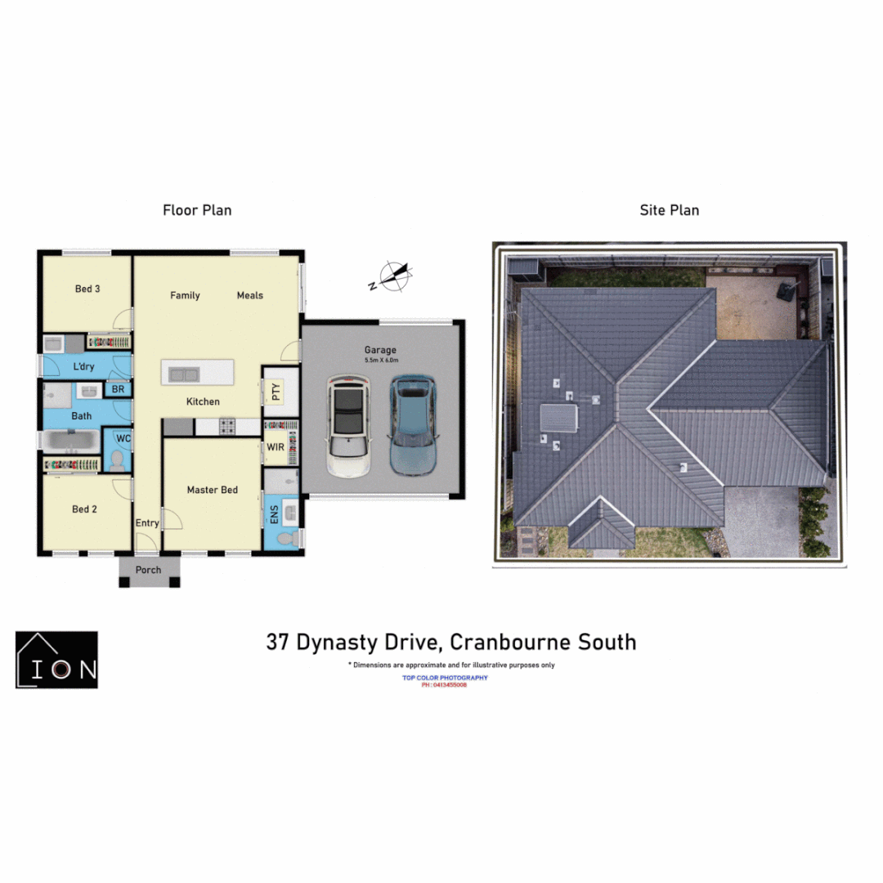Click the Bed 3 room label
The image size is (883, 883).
click(x=87, y=289)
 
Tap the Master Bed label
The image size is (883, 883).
click(x=213, y=490)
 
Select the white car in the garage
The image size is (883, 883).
click(x=347, y=426)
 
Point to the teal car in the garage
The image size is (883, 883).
click(x=414, y=426)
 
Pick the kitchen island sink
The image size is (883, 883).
click(x=184, y=374)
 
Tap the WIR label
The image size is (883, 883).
click(x=275, y=448)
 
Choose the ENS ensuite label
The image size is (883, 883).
click(x=274, y=515)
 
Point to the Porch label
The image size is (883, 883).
click(x=149, y=570)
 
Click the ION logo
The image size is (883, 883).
click(x=56, y=660)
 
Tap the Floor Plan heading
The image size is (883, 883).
click(x=197, y=210)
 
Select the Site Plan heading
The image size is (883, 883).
click(x=669, y=210)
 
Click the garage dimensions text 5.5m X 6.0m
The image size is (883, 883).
click(x=380, y=361)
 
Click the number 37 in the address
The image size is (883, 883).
click(x=278, y=642)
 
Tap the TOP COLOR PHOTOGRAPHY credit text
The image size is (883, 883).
click(x=445, y=678)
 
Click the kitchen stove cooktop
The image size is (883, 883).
click(x=226, y=426)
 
